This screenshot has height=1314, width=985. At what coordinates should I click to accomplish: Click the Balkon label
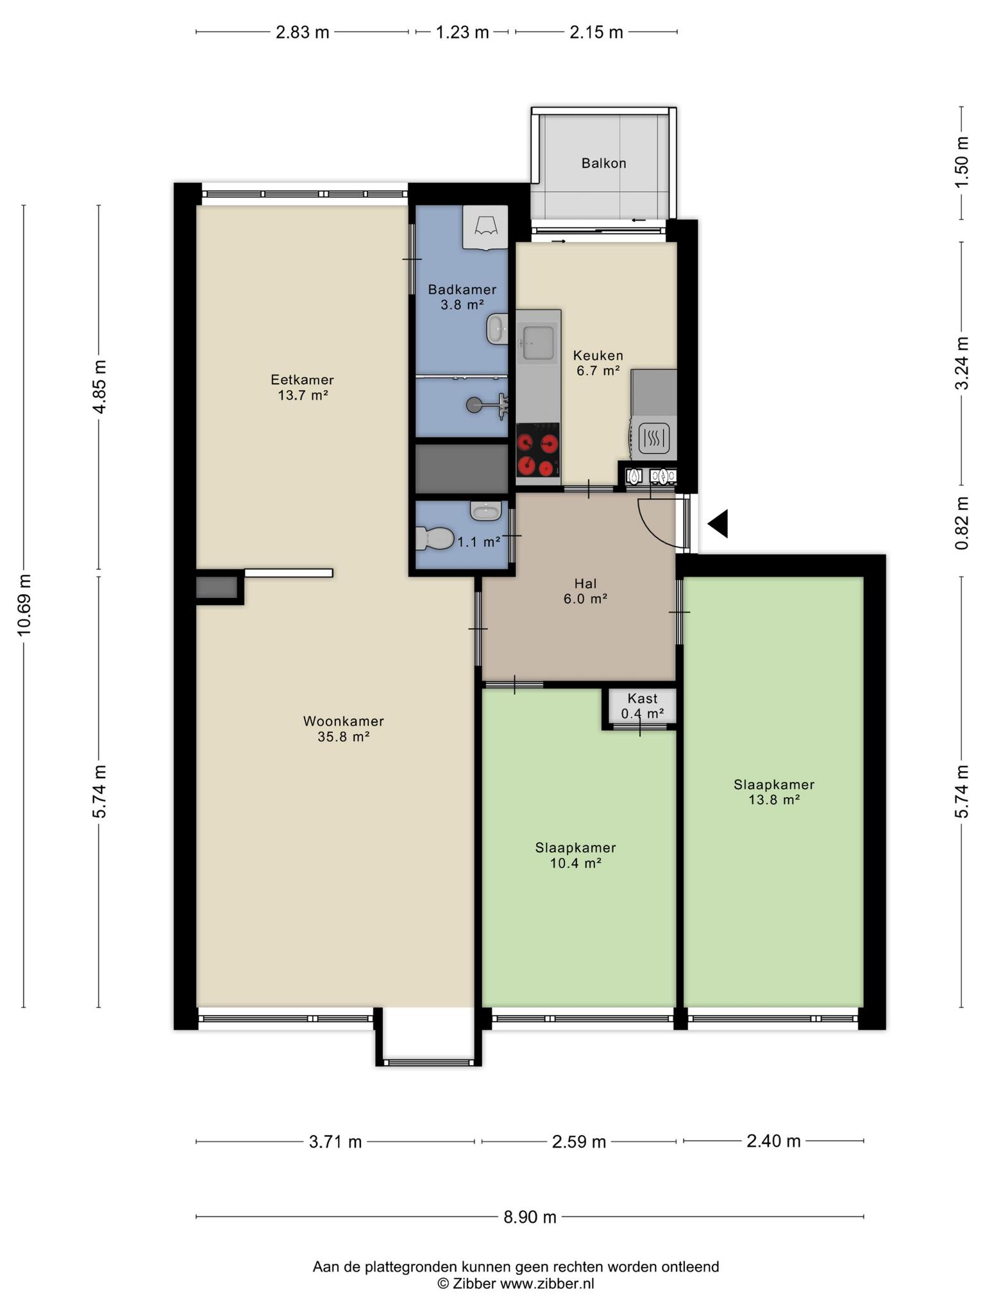[603, 163]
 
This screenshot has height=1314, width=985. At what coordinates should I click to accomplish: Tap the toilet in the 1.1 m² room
[434, 538]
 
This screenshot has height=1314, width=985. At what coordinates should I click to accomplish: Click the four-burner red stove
[537, 449]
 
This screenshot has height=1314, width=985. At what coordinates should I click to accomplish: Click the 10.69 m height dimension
[24, 606]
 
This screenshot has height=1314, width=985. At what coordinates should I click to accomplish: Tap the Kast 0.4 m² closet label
[642, 706]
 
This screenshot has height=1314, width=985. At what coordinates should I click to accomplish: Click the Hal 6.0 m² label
[585, 591]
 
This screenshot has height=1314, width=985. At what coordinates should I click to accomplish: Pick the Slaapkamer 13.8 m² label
[774, 792]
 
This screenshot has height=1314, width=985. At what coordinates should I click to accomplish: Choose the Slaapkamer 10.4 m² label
[575, 855]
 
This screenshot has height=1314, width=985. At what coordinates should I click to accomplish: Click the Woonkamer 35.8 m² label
[343, 729]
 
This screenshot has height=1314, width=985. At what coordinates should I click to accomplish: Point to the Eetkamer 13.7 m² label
[302, 388]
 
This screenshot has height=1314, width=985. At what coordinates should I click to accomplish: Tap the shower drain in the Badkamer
[474, 404]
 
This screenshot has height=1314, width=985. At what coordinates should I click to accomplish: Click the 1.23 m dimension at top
[462, 32]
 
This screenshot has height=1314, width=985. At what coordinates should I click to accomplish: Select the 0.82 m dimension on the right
[961, 524]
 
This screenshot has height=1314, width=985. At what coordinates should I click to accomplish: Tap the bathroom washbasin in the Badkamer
[497, 329]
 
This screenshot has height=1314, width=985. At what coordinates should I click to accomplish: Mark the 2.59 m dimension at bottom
[579, 1141]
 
